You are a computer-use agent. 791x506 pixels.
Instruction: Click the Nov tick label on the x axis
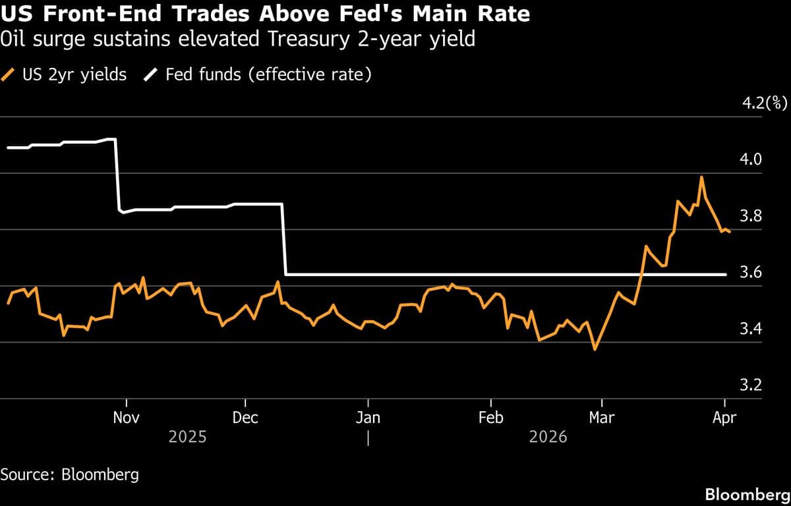click(126, 417)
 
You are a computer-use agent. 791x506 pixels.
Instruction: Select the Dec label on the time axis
click(245, 417)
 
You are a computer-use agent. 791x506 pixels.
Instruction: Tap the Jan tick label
click(367, 417)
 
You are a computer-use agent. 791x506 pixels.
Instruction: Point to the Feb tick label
click(490, 417)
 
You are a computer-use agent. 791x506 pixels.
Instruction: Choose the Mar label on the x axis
click(601, 417)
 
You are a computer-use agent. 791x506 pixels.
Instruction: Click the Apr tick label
click(725, 417)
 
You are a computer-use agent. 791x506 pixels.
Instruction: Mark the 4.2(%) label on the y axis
click(765, 103)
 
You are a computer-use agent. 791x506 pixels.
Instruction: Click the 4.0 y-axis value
click(752, 159)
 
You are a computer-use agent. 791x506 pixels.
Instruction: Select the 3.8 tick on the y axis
click(752, 216)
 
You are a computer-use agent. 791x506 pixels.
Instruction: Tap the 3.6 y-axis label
click(752, 272)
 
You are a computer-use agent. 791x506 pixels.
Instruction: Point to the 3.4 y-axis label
click(752, 329)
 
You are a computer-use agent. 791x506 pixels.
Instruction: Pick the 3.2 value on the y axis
click(752, 385)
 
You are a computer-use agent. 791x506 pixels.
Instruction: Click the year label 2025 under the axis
click(187, 437)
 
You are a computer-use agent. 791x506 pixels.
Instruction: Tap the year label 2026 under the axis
click(548, 437)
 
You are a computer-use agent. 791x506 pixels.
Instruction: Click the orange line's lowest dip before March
click(595, 349)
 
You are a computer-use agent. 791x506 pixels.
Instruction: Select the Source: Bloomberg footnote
click(70, 474)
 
